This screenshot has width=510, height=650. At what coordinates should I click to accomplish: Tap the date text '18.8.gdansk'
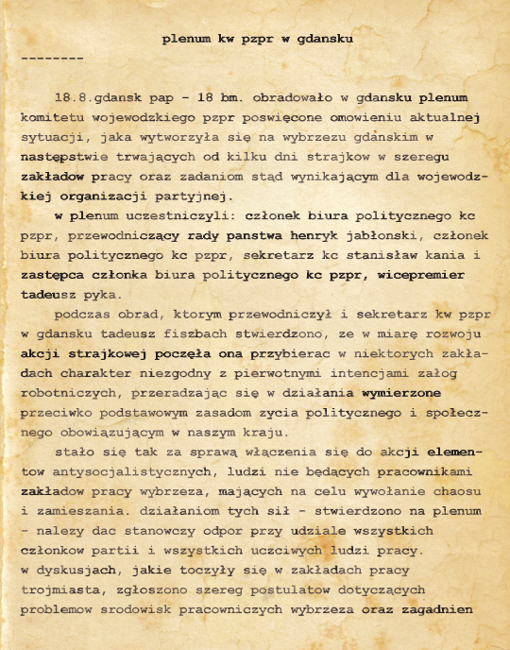pyautogui.click(x=94, y=98)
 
